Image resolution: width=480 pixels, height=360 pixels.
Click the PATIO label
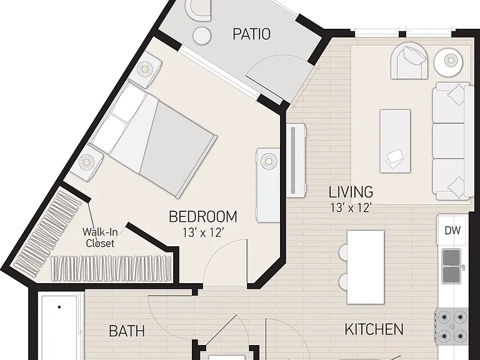252,34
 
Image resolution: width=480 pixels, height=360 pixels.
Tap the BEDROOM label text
203,216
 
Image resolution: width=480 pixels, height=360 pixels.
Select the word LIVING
351,192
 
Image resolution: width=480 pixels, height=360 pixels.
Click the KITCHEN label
374,329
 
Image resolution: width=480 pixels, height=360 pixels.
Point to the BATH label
127,331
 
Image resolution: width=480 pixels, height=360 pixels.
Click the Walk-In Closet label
100,238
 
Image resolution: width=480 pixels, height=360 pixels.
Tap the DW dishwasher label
452,231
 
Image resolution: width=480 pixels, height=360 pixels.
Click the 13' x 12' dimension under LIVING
351,208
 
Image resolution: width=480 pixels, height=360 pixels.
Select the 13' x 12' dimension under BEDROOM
202,233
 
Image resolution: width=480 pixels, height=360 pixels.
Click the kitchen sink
452,266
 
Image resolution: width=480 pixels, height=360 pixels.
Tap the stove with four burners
452,326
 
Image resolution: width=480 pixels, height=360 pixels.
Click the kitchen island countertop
366,267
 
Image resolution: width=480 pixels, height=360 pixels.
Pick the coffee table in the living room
395,141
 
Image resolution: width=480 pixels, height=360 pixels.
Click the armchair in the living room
409,61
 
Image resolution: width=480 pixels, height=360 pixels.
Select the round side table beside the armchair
449,62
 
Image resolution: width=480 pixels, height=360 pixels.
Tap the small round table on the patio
202,36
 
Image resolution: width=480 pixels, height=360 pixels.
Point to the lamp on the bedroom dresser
269,161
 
